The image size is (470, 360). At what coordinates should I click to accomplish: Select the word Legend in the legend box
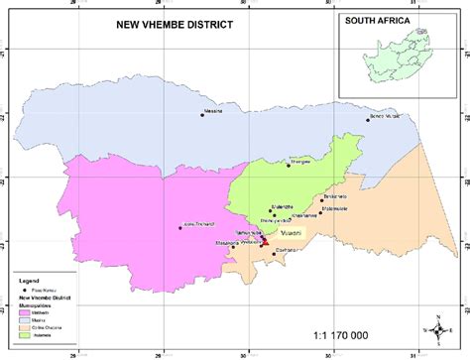[29, 282]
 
